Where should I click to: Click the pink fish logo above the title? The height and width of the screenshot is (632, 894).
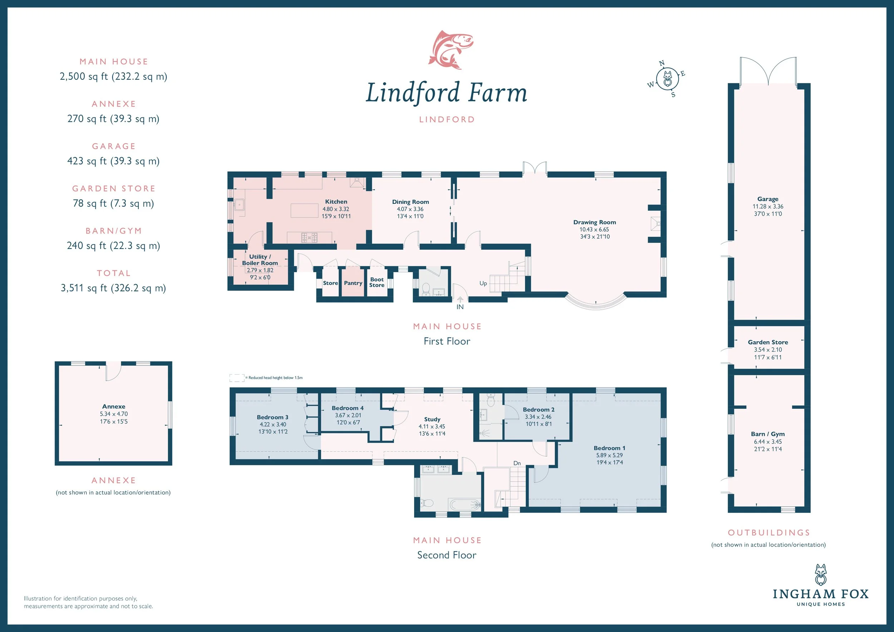tap(451, 49)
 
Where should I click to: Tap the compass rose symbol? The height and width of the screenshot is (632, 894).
tap(667, 79)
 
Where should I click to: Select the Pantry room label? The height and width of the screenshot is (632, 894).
tap(353, 283)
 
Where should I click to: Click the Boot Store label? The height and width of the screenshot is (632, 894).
tap(377, 282)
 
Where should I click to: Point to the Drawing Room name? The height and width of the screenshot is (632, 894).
tap(595, 222)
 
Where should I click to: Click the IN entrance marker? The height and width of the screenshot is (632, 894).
tap(460, 307)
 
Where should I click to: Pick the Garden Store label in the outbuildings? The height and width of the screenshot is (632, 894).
tap(768, 342)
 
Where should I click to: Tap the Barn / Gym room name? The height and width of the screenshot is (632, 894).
tap(768, 434)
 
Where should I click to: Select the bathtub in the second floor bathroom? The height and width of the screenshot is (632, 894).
tap(464, 505)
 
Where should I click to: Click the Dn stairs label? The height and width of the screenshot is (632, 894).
tap(517, 463)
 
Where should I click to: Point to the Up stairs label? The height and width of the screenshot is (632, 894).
tap(483, 283)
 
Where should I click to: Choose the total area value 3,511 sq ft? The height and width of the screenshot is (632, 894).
tap(113, 288)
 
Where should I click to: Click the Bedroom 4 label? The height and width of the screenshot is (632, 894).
tap(348, 408)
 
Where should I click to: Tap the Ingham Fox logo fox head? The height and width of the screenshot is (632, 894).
tap(820, 575)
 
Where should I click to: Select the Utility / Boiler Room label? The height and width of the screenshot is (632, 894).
tap(260, 260)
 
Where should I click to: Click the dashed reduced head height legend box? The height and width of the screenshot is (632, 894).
tap(237, 378)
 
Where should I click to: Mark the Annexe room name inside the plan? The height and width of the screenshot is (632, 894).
tap(114, 407)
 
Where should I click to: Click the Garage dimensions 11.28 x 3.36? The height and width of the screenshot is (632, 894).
tap(768, 206)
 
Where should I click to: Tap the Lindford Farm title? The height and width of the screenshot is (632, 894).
tap(447, 93)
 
